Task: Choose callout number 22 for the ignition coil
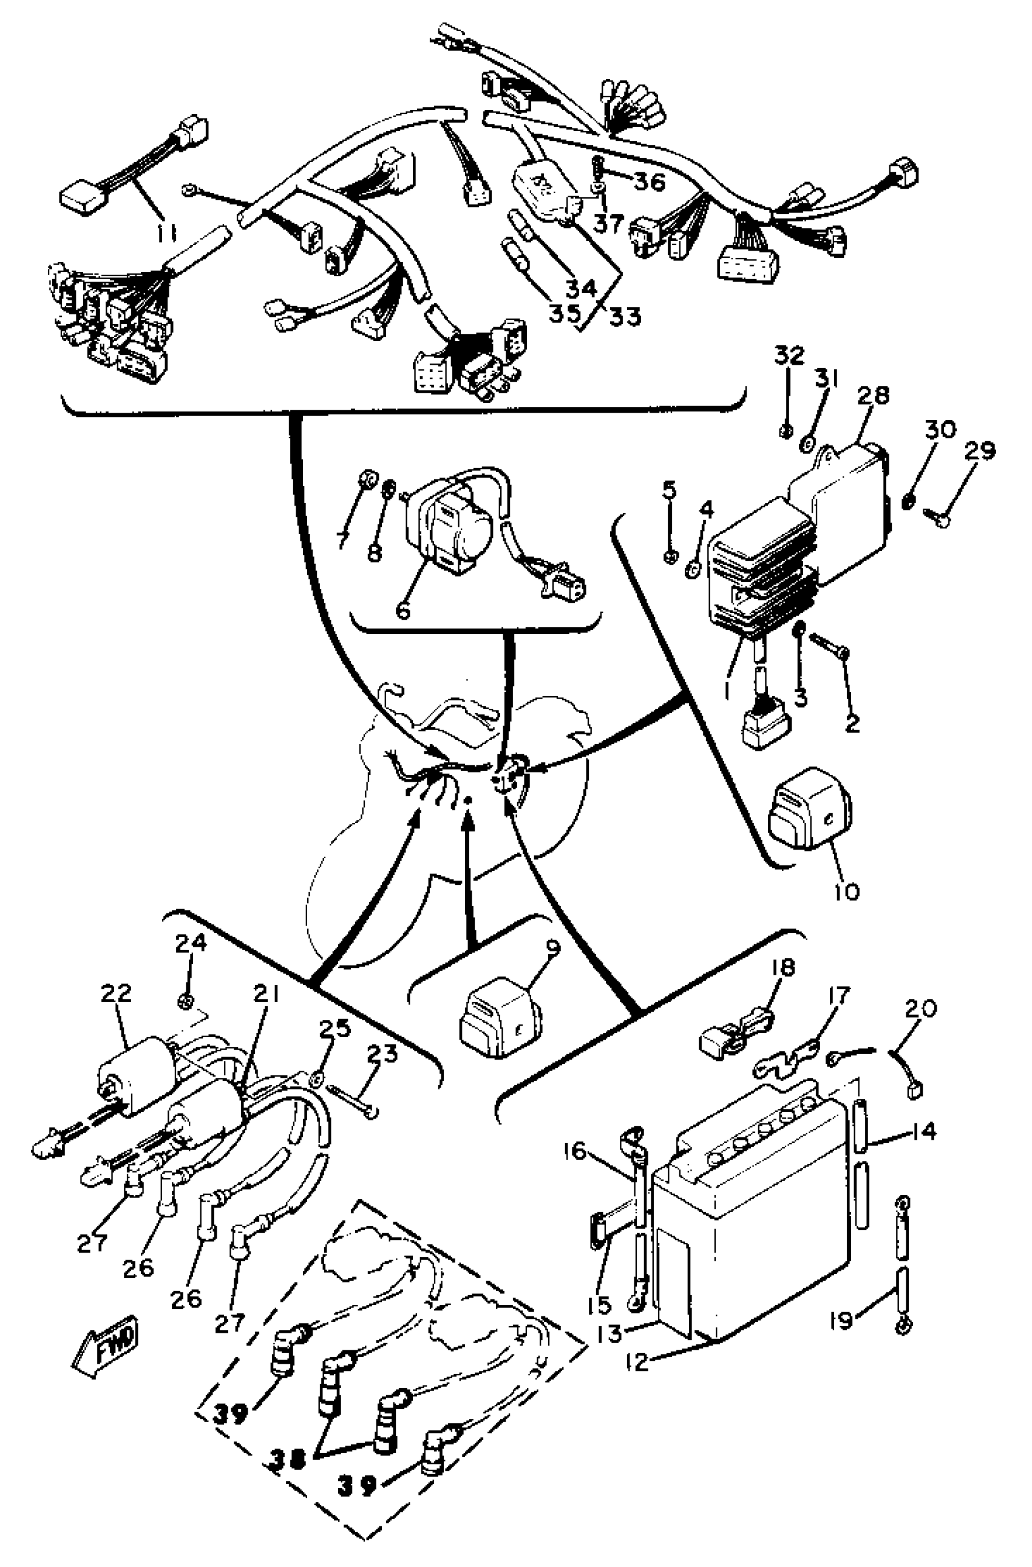point(116,993)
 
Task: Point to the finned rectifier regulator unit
point(761,566)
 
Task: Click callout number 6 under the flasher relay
point(403,611)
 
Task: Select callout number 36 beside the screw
point(650,181)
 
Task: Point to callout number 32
point(789,356)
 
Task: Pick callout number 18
point(782,967)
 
